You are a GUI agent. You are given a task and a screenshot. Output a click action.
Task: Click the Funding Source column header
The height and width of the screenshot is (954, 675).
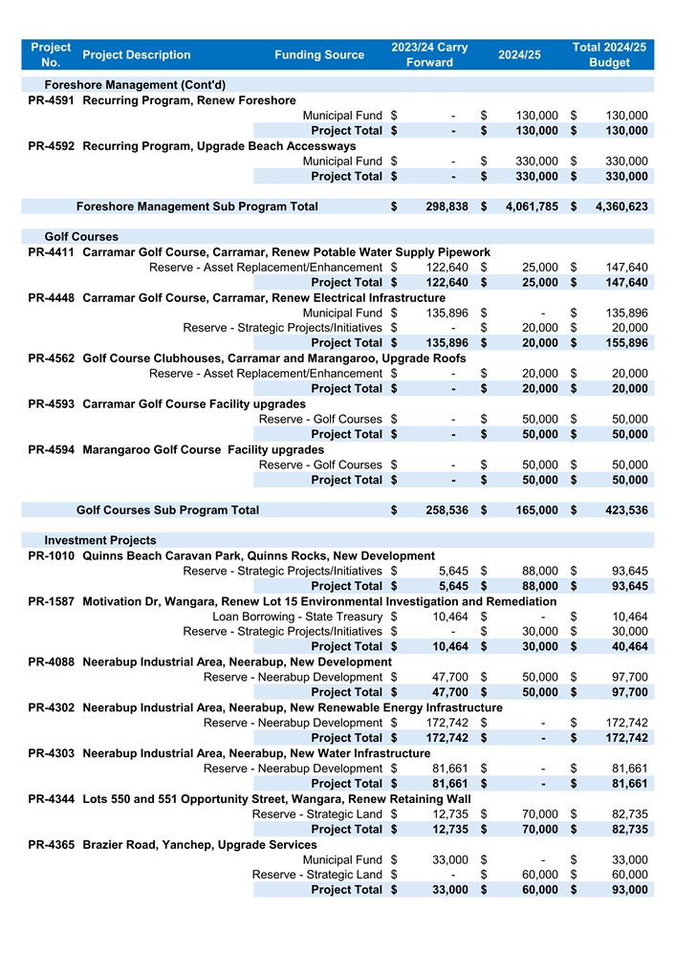click(319, 54)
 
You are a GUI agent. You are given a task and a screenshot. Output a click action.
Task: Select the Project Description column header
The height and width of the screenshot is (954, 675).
click(137, 54)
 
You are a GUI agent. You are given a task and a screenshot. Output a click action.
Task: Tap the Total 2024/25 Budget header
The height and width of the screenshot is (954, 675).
click(609, 54)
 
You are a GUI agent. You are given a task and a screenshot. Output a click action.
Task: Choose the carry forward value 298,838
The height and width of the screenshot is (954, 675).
click(446, 206)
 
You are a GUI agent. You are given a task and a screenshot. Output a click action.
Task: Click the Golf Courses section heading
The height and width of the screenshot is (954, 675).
click(81, 236)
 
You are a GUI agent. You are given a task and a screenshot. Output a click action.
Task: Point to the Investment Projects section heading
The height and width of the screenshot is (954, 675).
click(99, 540)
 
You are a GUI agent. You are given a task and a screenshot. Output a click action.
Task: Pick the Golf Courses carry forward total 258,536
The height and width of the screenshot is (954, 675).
click(446, 510)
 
